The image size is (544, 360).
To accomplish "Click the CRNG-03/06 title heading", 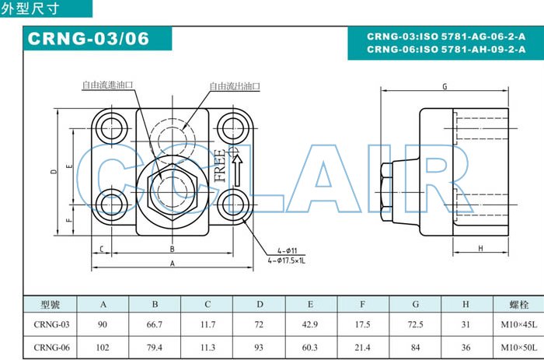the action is [x=89, y=39].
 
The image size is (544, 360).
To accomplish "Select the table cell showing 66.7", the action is [x=155, y=324].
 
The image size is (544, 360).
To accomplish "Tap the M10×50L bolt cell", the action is [x=518, y=348].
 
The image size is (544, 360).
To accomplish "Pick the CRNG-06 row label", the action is [x=52, y=348].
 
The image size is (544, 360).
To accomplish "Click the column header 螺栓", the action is [x=519, y=305].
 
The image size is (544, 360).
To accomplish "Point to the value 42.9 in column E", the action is [x=310, y=324].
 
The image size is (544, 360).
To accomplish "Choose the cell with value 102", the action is [x=103, y=348].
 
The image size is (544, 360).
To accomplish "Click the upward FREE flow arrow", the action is [x=237, y=170].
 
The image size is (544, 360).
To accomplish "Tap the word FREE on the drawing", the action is [x=220, y=166].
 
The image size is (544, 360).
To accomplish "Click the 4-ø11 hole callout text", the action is [x=288, y=250].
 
